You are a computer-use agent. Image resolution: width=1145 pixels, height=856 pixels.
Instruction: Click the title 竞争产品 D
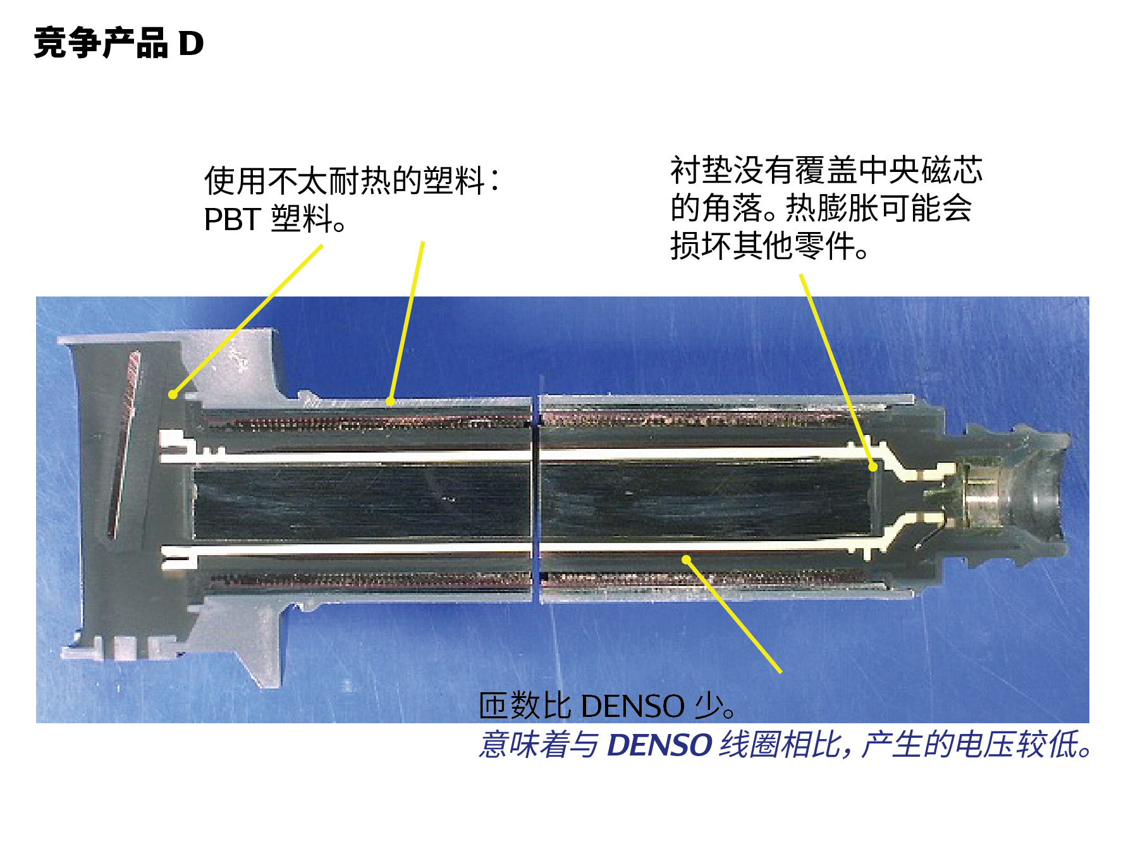(x=119, y=44)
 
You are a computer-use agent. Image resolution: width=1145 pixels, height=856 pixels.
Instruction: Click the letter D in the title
(x=191, y=44)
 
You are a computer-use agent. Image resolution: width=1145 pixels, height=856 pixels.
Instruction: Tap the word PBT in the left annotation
(x=232, y=219)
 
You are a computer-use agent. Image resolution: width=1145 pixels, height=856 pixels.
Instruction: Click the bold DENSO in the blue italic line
(x=659, y=745)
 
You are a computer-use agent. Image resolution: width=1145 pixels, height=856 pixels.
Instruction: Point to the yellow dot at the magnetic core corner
(x=873, y=467)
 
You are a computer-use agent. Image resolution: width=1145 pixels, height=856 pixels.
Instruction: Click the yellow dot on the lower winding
(x=686, y=559)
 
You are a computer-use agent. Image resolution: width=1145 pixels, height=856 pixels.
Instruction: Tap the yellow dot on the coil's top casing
(x=390, y=401)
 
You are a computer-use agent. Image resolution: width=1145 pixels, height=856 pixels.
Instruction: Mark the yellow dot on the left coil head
(x=173, y=394)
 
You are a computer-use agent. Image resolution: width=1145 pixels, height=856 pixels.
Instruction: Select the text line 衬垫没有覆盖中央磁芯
(x=826, y=170)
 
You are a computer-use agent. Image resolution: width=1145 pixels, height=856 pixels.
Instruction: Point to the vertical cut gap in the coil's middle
(x=536, y=499)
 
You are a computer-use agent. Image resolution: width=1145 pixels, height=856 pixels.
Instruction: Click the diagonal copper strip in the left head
(x=125, y=443)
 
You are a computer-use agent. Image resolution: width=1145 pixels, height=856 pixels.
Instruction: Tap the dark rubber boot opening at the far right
(x=1046, y=499)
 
